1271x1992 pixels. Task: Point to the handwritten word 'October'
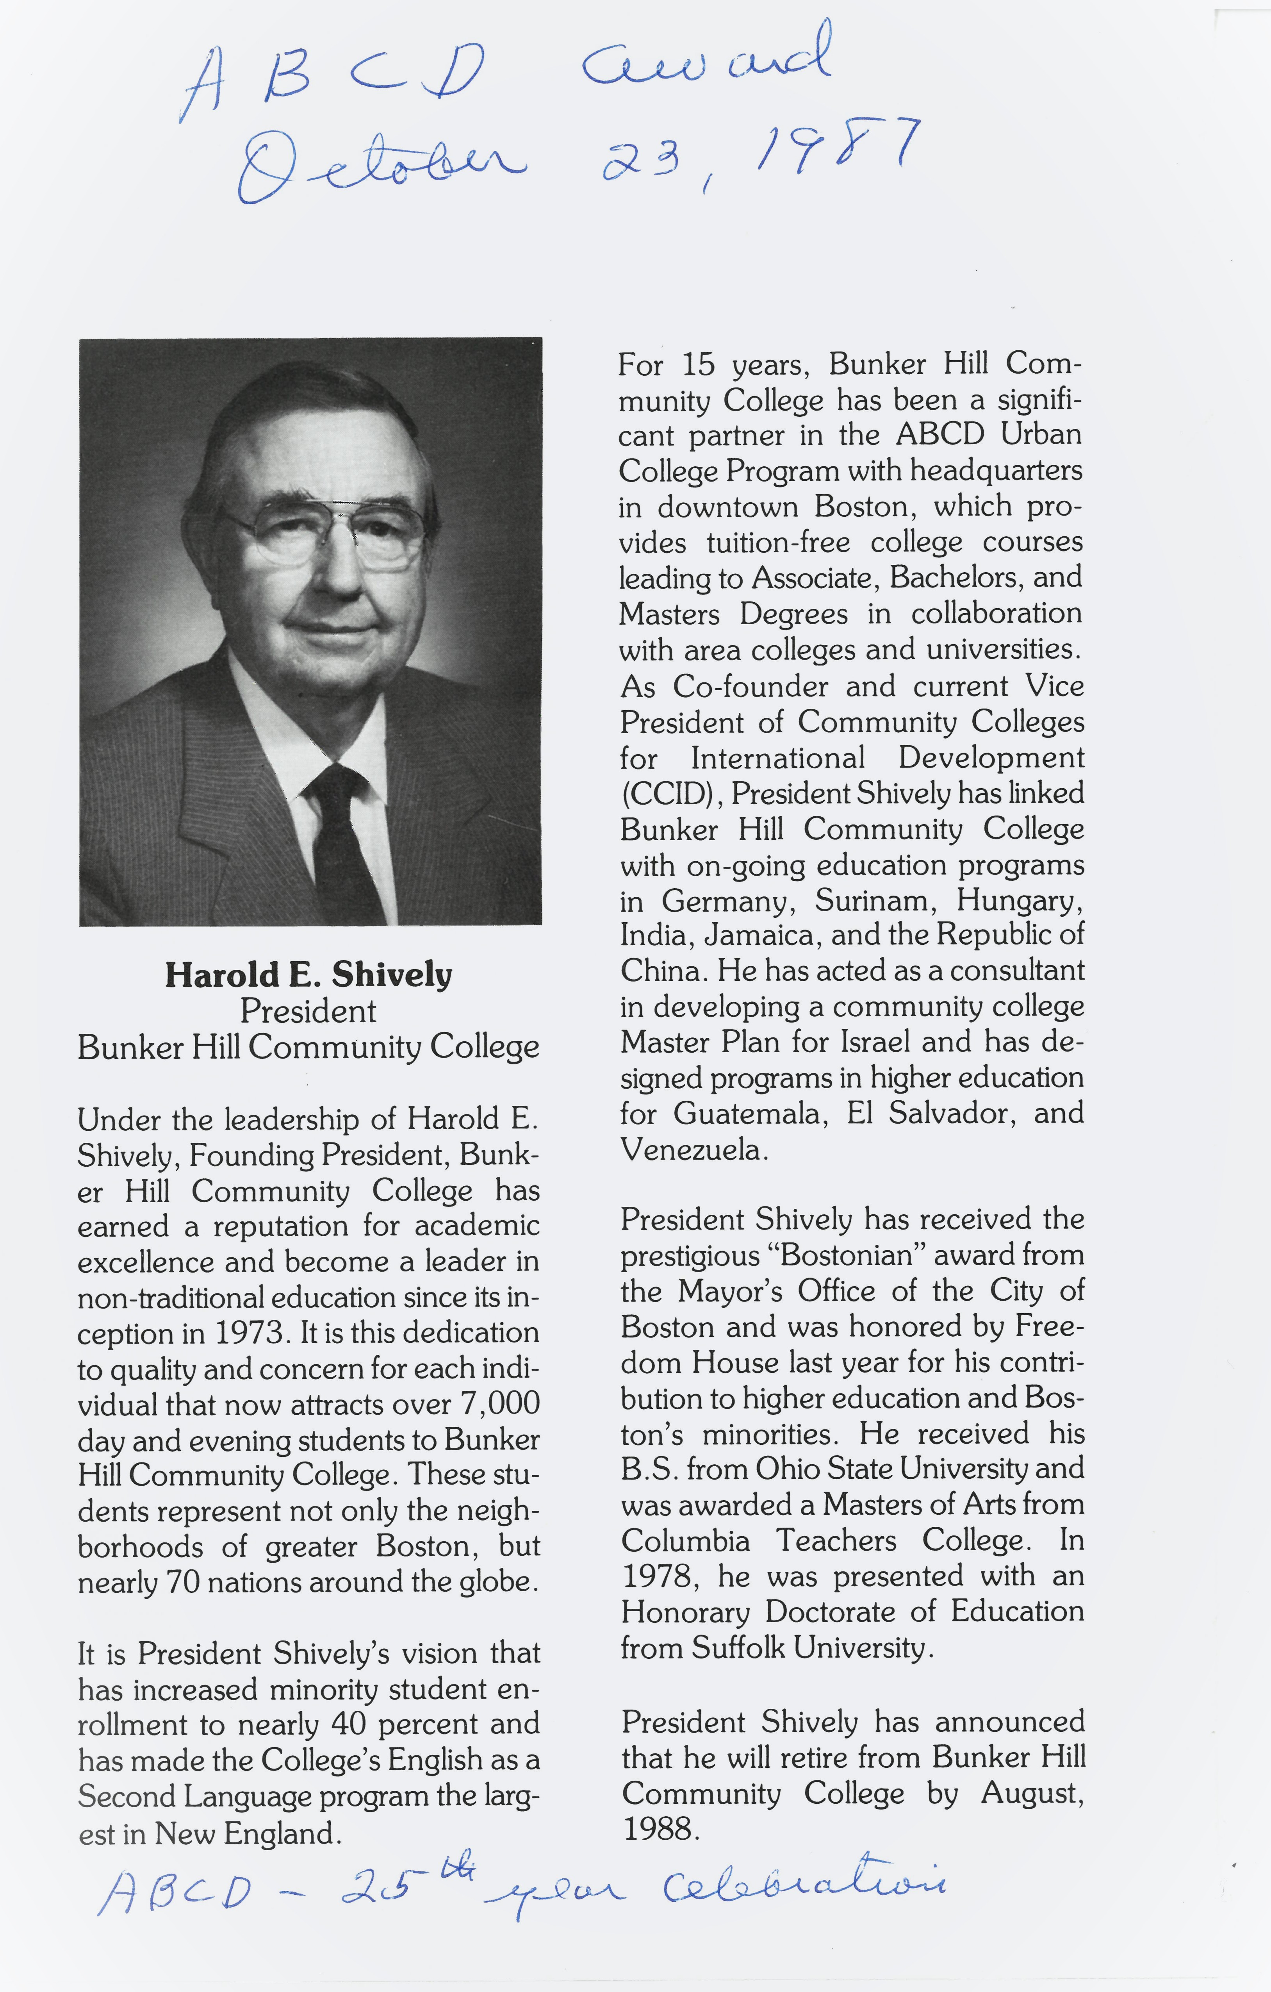click(380, 166)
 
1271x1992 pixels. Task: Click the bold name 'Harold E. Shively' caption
click(308, 975)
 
